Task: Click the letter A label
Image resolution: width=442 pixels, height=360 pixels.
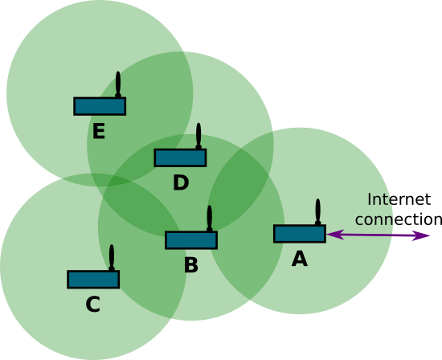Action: (300, 259)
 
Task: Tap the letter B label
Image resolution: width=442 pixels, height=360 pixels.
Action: (191, 265)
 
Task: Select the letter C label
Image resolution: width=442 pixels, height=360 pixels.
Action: (92, 305)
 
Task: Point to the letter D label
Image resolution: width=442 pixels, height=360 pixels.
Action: (181, 182)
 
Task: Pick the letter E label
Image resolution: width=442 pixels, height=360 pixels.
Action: (99, 131)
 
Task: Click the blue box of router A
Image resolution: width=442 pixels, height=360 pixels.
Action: (300, 234)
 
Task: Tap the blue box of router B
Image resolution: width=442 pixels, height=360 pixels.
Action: (191, 240)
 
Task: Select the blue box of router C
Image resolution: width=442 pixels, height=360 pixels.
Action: (93, 280)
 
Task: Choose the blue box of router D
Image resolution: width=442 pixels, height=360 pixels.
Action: (180, 157)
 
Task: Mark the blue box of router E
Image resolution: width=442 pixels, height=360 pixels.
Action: (100, 106)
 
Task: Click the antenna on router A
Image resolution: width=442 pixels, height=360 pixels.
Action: (317, 211)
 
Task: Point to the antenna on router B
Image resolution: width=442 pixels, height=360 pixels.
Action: (210, 219)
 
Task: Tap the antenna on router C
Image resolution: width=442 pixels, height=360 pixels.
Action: (112, 258)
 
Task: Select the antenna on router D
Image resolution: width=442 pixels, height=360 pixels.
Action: (198, 136)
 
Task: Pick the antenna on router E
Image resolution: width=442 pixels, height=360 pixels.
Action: (118, 84)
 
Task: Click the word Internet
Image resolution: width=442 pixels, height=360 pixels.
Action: (399, 199)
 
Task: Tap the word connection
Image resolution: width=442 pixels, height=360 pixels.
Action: (399, 219)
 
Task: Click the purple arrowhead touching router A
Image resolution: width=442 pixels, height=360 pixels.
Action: (335, 235)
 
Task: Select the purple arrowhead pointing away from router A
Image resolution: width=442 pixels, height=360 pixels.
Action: (421, 235)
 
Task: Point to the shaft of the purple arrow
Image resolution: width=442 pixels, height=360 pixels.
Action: (378, 235)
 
